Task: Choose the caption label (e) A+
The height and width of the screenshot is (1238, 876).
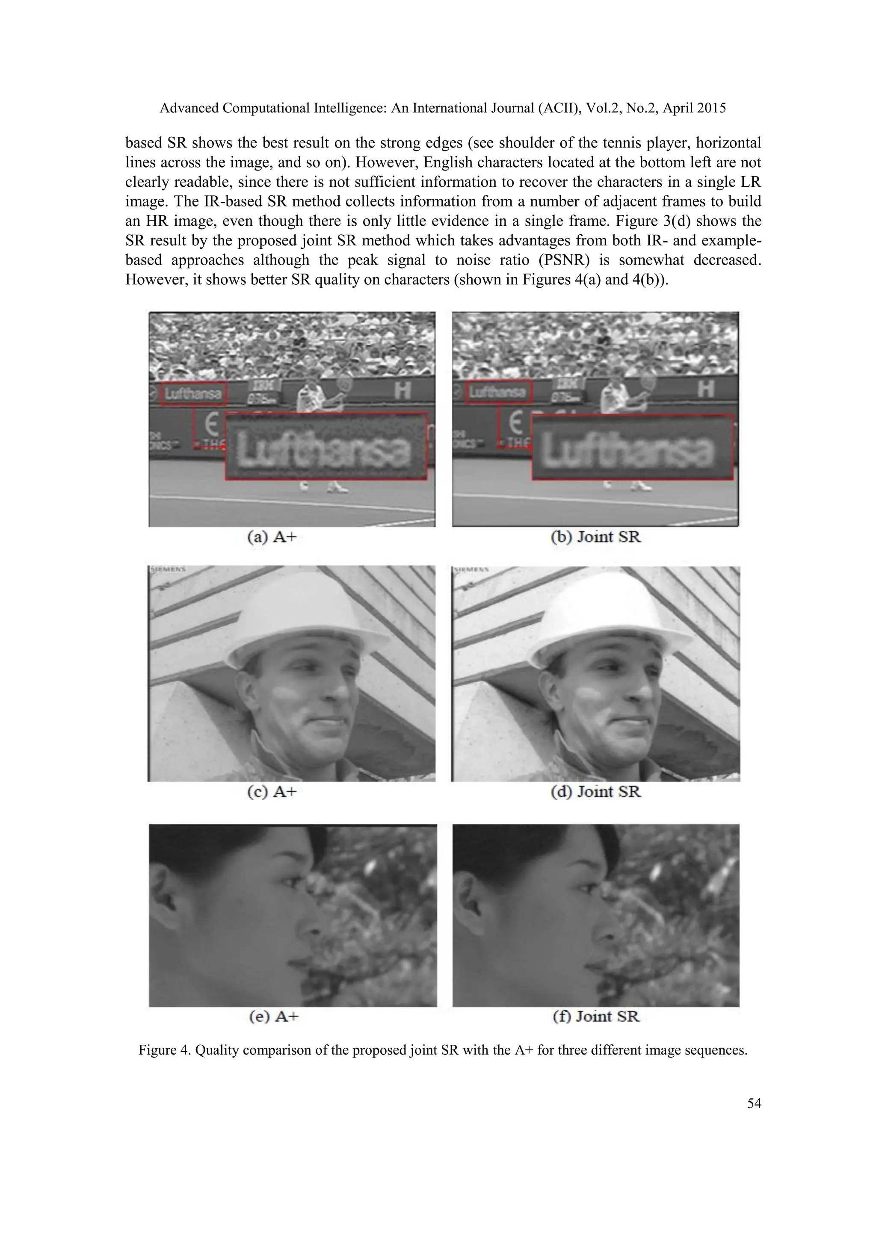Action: (273, 1017)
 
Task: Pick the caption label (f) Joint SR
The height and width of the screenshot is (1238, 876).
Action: (595, 1017)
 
